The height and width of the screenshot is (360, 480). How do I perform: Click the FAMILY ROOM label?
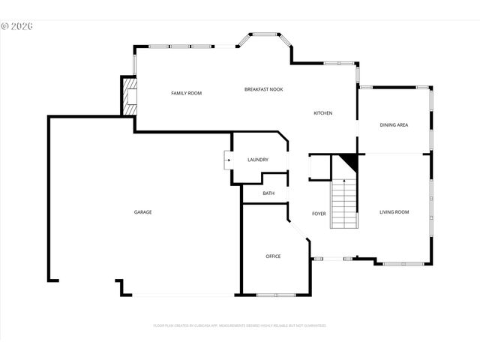(x=186, y=93)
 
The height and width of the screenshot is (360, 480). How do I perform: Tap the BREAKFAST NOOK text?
(x=263, y=89)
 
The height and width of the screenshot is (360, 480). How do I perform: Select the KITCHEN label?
(x=322, y=113)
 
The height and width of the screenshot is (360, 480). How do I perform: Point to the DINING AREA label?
(x=394, y=124)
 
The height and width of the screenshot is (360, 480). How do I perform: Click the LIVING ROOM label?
(x=394, y=212)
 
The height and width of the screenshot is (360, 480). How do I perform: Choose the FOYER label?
(x=319, y=214)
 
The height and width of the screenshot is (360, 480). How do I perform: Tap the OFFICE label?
(x=273, y=256)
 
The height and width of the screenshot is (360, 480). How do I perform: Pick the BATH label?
(x=268, y=193)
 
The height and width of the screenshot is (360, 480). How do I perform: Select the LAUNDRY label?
(x=257, y=160)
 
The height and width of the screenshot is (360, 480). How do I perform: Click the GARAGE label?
(x=143, y=212)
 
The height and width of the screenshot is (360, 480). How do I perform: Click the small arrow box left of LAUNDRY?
(x=227, y=160)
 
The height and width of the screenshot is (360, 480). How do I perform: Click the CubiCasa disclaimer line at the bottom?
(x=239, y=325)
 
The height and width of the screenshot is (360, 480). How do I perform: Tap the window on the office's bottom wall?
(x=275, y=294)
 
